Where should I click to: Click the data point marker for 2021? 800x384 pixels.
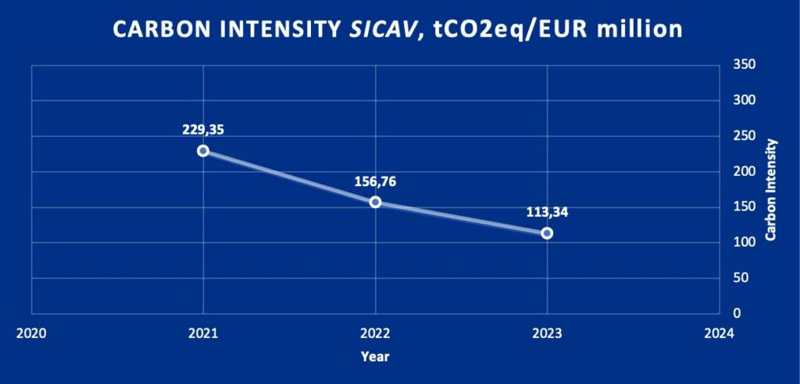(203, 151)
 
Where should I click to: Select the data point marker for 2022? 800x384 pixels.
(375, 202)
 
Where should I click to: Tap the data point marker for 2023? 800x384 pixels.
(547, 233)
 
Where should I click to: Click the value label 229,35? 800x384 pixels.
(203, 130)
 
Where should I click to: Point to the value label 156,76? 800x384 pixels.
(375, 181)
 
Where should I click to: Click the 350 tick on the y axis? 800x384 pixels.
(743, 65)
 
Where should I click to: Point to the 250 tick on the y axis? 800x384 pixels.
(743, 136)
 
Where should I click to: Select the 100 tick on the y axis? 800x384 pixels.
(743, 242)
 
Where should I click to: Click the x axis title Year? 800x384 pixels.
(375, 357)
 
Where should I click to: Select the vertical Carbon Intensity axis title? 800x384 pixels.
(771, 189)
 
